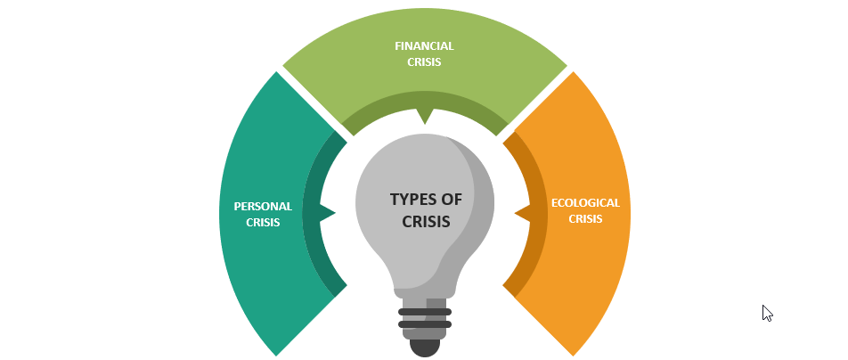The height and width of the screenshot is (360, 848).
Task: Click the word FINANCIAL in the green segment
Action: pyautogui.click(x=424, y=45)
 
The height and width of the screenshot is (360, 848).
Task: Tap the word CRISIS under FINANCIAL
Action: pyautogui.click(x=424, y=62)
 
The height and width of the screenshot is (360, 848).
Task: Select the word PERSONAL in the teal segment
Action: pyautogui.click(x=263, y=206)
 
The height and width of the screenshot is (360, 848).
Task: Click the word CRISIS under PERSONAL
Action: pyautogui.click(x=263, y=223)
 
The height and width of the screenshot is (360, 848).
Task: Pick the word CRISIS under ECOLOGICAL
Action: pyautogui.click(x=585, y=218)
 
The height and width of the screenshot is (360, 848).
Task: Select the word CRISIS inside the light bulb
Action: pyautogui.click(x=426, y=221)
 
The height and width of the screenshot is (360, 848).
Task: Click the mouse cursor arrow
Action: pyautogui.click(x=766, y=312)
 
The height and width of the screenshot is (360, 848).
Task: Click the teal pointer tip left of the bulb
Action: pyautogui.click(x=330, y=213)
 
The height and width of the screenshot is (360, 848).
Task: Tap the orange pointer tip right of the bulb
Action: pyautogui.click(x=521, y=213)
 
